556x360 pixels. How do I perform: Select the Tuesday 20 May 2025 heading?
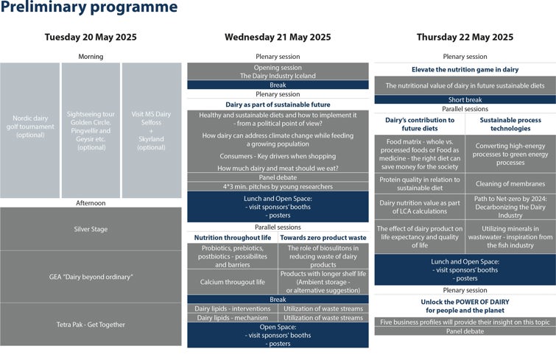[91, 38]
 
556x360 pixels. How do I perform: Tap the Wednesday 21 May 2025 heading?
[278, 38]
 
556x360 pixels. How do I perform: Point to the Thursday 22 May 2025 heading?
[465, 38]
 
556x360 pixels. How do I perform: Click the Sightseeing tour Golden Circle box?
[91, 130]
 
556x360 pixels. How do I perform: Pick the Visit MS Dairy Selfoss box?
[152, 130]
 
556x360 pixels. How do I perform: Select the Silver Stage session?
[91, 229]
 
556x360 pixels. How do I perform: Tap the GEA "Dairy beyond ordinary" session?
[91, 276]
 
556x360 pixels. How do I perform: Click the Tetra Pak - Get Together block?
[91, 324]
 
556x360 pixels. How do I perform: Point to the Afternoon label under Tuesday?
[91, 203]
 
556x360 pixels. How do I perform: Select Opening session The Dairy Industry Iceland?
[278, 71]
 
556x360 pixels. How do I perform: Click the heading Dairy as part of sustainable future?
[278, 105]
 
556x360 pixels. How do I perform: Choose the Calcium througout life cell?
[232, 282]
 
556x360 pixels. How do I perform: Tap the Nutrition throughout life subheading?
[232, 238]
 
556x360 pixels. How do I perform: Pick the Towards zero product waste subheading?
[323, 238]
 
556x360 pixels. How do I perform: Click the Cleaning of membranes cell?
[510, 184]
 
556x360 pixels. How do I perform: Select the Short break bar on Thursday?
[465, 100]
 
